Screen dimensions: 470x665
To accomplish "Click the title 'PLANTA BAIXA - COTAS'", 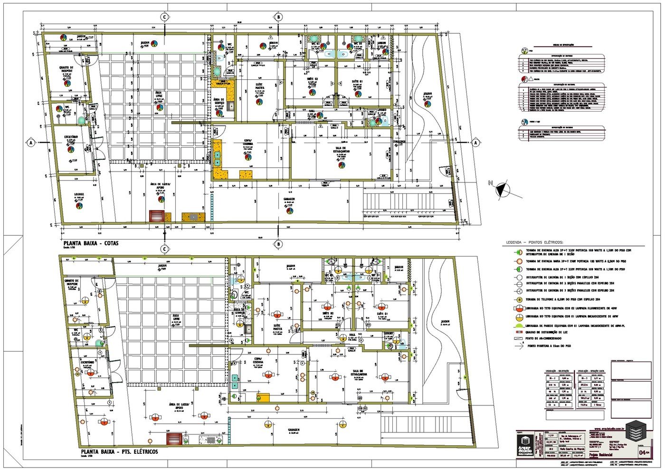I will click(90, 243).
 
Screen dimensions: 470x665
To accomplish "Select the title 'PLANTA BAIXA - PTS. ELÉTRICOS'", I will click(119, 451).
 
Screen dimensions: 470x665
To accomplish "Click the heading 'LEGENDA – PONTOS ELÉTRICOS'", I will click(534, 242).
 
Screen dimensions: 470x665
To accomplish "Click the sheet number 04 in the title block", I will click(644, 452).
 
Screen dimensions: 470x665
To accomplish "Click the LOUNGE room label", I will click(79, 194).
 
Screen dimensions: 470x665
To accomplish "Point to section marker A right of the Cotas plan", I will click(475, 143).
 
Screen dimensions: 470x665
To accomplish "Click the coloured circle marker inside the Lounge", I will click(79, 206).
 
